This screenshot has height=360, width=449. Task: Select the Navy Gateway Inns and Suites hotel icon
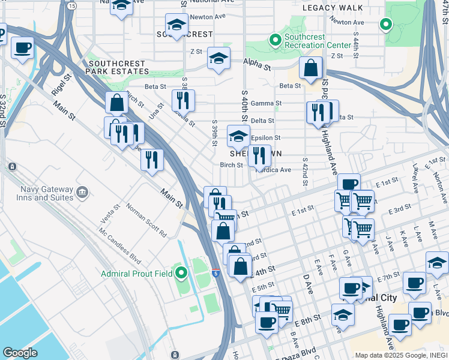coord(83,191)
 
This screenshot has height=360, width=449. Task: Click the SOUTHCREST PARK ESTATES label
coord(119,67)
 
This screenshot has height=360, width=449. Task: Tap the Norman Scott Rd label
coord(146,220)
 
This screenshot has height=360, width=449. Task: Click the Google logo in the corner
coord(20,353)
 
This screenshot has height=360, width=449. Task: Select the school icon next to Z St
coord(218,59)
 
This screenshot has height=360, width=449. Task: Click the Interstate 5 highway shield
coord(215,272)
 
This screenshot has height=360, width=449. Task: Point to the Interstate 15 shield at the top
coord(72,5)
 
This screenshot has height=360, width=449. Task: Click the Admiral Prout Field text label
coord(137,274)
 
